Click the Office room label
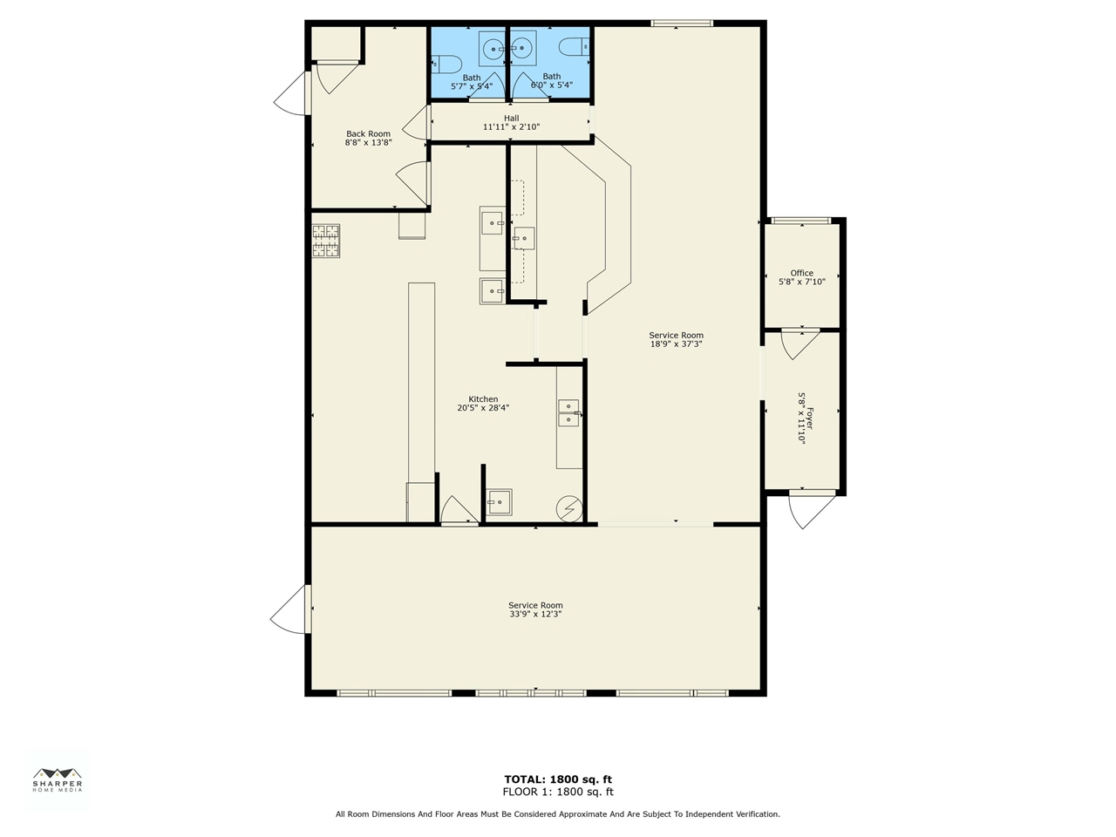coord(801,273)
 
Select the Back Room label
coord(368,134)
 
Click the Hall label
coord(511,118)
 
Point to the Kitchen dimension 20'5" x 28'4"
coord(483,408)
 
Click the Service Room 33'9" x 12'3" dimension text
coord(535,614)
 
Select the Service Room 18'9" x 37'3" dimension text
coord(676,344)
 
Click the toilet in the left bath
coord(447,63)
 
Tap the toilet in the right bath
coord(575,45)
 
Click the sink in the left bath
coord(493,49)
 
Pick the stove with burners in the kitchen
coord(326,242)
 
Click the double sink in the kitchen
coord(568,412)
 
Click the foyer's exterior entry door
coord(812,510)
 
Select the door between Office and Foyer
coord(800,343)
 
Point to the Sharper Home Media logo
coord(58,779)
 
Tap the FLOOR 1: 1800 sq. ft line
coord(558,793)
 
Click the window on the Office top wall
coord(801,221)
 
